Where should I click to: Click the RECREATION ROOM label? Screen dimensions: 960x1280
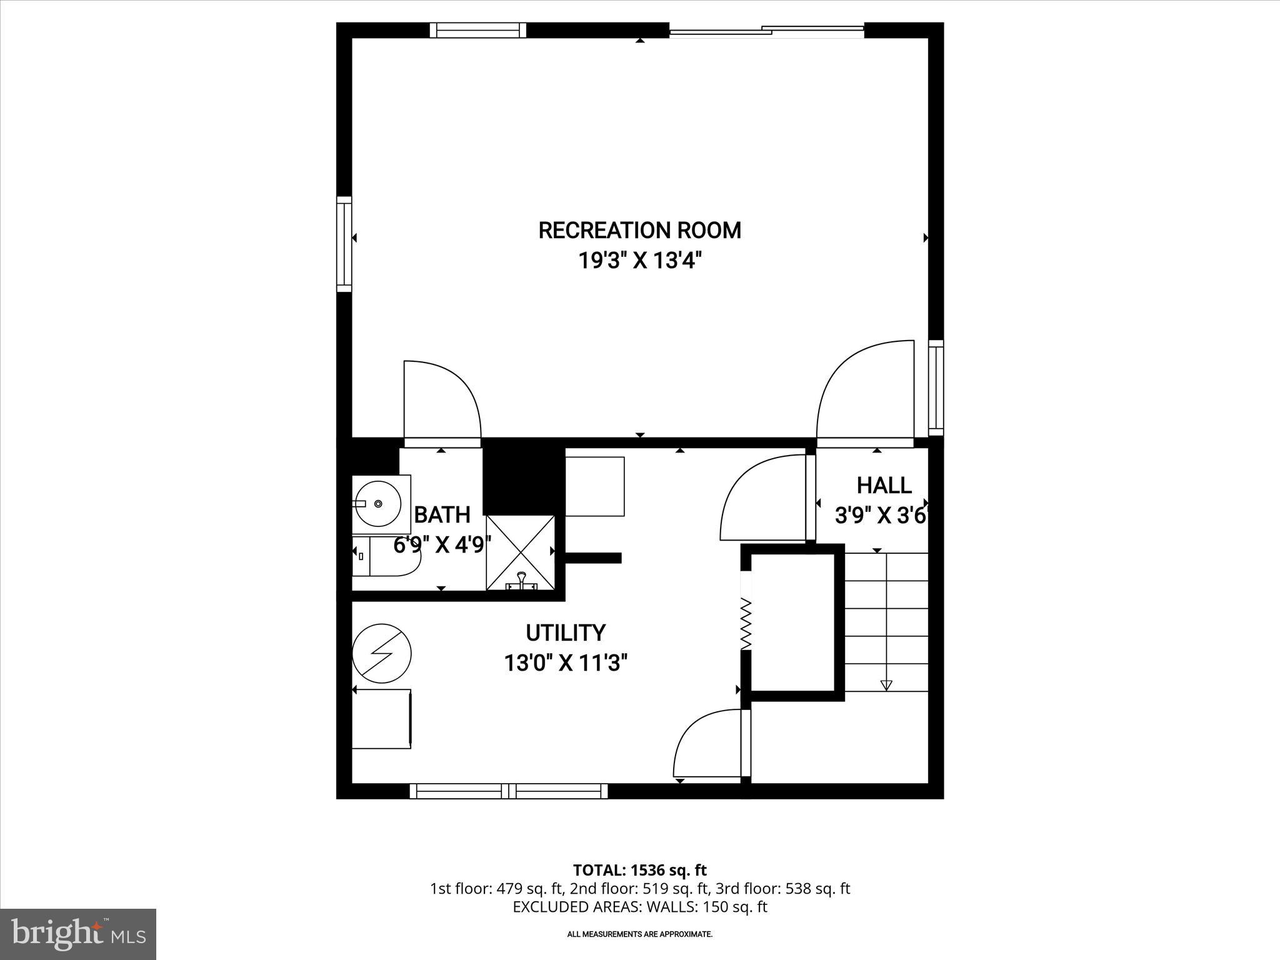point(639,231)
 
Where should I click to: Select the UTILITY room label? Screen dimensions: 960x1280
point(566,633)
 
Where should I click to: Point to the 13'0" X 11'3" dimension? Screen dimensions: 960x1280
point(566,662)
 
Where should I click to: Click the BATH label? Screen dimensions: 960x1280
point(442,515)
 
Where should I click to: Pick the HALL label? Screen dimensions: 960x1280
point(884,486)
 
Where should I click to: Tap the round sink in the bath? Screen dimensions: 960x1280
point(379,502)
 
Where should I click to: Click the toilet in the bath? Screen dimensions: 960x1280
point(384,556)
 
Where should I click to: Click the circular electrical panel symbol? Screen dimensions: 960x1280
point(381,654)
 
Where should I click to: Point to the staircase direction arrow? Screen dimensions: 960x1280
point(886,684)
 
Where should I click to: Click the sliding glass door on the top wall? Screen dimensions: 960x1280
point(766,30)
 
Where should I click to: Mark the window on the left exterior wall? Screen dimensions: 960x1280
point(344,244)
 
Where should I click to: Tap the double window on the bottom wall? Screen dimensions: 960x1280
point(509,791)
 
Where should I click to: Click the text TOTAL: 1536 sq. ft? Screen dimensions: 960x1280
point(639,870)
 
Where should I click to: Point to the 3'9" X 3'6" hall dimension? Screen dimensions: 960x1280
point(880,516)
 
